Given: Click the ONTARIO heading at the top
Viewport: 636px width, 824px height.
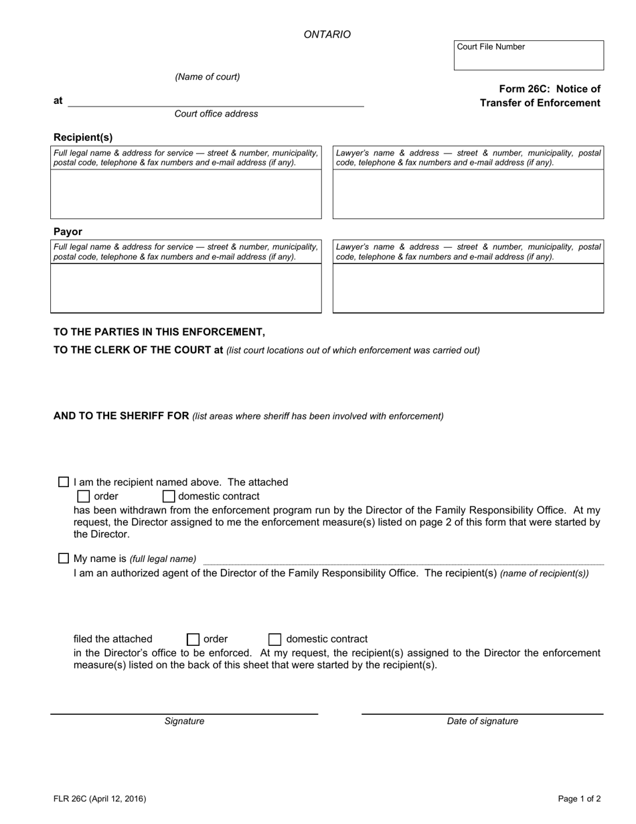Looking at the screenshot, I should click(327, 34).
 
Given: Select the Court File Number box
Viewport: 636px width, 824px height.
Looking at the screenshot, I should click(528, 56).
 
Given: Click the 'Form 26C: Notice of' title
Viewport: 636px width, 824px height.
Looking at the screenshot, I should click(549, 89).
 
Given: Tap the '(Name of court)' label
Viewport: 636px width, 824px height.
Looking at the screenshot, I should click(208, 77).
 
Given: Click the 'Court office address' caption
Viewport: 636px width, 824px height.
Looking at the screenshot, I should click(216, 114).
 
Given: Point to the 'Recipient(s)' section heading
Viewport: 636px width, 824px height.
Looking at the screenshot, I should click(83, 137).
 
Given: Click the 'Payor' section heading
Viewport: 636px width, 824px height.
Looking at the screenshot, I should click(68, 232).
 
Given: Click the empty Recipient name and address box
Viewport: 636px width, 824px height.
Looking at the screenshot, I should click(186, 194).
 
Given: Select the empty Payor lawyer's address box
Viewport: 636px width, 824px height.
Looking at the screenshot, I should click(468, 288).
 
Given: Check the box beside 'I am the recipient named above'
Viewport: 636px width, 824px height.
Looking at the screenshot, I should click(64, 482).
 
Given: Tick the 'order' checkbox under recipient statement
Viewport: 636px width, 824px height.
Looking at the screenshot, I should click(84, 496).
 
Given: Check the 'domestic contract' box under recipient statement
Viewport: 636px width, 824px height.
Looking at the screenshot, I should click(169, 496).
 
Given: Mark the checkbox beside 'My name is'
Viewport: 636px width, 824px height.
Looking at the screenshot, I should click(64, 558).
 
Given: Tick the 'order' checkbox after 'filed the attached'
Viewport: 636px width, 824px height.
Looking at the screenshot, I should click(193, 639).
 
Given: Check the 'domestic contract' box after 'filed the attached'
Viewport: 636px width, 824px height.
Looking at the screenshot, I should click(274, 639).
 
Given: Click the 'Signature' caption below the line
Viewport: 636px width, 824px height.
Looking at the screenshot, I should click(184, 722).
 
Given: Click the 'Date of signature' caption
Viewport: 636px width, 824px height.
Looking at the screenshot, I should click(482, 722).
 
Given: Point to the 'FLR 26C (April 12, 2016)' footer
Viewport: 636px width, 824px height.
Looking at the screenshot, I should click(100, 799).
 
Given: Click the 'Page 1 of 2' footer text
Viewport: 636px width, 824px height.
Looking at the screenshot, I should click(579, 799).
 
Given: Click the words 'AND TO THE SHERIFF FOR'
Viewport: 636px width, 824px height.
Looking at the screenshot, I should click(121, 416).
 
